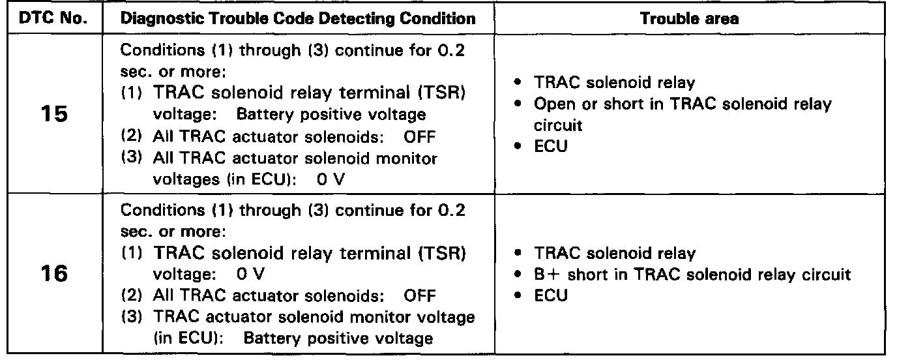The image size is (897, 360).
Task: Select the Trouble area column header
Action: coord(689,18)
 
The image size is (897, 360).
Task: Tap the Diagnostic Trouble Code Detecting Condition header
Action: coord(299,18)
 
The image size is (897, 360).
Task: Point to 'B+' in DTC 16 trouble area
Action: coord(545,275)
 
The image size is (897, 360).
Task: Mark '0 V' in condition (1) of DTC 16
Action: coord(251,275)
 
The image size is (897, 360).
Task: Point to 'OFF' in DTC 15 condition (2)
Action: coord(419,136)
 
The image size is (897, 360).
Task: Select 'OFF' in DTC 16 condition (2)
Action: coord(419,295)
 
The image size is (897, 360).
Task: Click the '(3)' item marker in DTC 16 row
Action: coord(132,316)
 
